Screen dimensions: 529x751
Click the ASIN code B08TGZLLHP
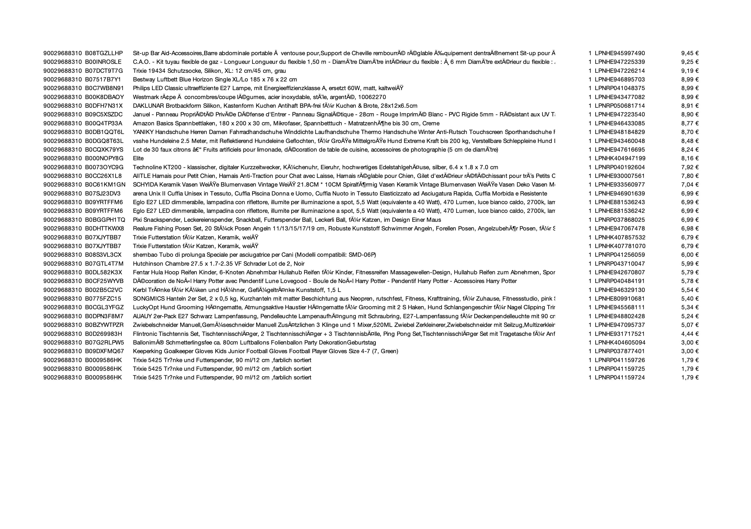click(x=104, y=53)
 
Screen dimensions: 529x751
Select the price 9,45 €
click(x=689, y=53)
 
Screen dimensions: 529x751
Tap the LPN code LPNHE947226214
click(x=620, y=71)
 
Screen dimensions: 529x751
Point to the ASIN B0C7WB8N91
click(x=104, y=88)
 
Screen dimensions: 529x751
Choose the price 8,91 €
click(x=689, y=106)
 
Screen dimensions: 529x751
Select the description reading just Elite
click(x=138, y=158)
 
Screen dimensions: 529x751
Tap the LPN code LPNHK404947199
click(x=620, y=158)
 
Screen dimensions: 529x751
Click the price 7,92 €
click(x=689, y=167)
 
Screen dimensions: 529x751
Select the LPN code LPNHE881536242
click(x=620, y=211)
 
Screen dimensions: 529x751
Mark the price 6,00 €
click(x=689, y=255)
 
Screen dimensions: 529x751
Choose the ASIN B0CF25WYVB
click(x=104, y=281)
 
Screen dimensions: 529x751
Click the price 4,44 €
click(x=689, y=334)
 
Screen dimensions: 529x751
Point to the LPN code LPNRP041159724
click(x=620, y=378)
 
